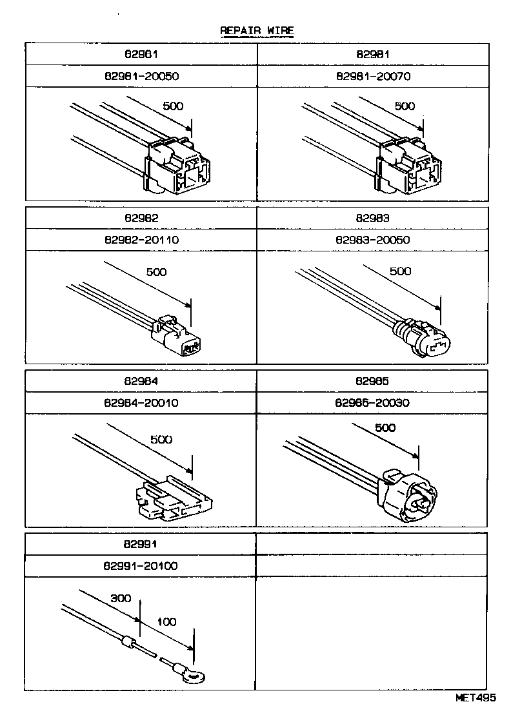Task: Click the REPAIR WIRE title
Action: pos(257,30)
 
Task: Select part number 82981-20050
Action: pos(141,76)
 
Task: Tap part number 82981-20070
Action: pos(373,76)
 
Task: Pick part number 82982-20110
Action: pos(141,240)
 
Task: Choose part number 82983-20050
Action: pos(372,240)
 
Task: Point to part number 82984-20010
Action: pos(141,403)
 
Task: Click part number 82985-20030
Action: pos(372,403)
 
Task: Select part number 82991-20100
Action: pos(141,566)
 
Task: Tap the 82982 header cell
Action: pos(141,219)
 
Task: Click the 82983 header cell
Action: pos(372,219)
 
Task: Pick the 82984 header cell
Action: pos(141,382)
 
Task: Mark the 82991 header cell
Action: pos(141,544)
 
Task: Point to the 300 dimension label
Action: pos(120,598)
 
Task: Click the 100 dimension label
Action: pos(166,622)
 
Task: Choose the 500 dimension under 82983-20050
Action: pos(400,271)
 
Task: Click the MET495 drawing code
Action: pos(477,698)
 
